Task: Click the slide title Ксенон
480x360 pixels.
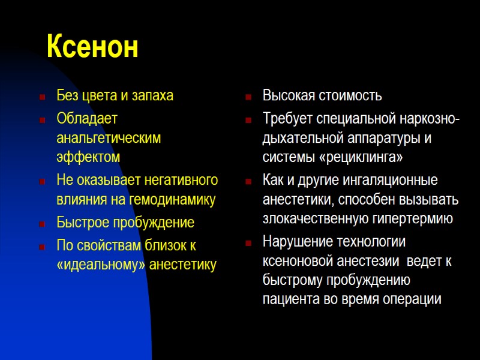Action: tap(92, 47)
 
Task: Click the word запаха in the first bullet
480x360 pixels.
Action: tap(152, 96)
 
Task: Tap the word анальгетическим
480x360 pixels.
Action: tap(109, 137)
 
